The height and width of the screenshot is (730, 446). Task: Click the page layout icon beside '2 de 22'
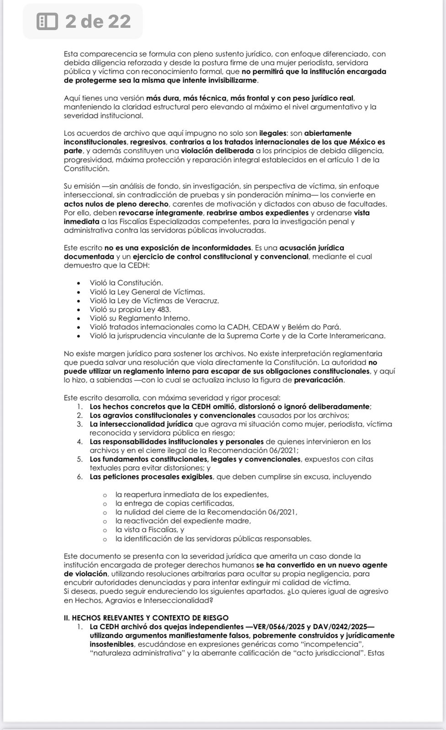click(x=47, y=21)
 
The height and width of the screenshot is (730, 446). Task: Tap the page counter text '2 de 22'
click(x=98, y=21)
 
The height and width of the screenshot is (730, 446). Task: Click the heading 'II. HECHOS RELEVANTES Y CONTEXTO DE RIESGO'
click(x=146, y=618)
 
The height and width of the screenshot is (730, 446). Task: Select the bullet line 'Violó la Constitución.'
click(x=126, y=283)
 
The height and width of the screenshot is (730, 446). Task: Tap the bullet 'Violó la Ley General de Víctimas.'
click(x=147, y=292)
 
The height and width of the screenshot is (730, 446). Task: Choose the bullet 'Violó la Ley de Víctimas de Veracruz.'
click(x=154, y=301)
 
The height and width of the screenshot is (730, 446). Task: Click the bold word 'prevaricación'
click(x=319, y=380)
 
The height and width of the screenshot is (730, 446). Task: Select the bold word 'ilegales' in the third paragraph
click(x=273, y=133)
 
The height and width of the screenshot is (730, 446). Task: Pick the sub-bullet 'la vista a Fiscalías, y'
click(x=150, y=530)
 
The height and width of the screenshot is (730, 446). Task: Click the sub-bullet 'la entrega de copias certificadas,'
click(x=175, y=503)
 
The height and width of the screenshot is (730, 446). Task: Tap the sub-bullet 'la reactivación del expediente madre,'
click(x=183, y=521)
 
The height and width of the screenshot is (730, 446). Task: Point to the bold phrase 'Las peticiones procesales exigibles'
click(x=151, y=477)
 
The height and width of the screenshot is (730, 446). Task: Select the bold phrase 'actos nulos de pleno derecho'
click(x=116, y=204)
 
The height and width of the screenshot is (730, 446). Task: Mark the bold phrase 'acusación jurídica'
click(x=312, y=248)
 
